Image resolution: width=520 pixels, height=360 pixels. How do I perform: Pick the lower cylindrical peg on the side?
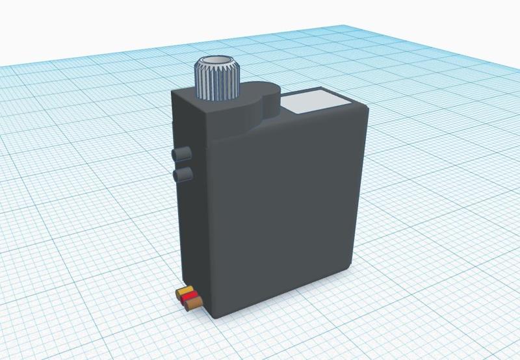pyautogui.click(x=183, y=174)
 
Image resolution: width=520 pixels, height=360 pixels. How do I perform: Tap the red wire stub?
pyautogui.click(x=189, y=298)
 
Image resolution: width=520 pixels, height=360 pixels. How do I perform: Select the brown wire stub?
pyautogui.click(x=192, y=303)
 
